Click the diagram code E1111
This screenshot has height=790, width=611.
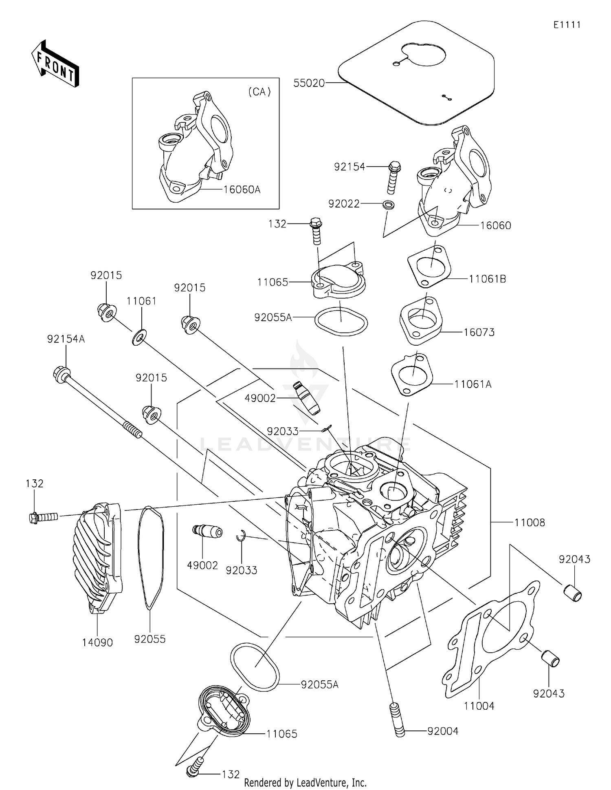point(567,25)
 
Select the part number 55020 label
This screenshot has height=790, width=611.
point(309,83)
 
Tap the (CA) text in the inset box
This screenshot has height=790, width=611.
point(259,92)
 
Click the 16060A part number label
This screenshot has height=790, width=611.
point(242,190)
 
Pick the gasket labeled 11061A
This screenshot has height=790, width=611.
point(411,374)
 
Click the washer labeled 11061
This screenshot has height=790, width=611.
point(139,338)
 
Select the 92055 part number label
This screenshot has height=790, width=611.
point(150,640)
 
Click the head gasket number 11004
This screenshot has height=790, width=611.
point(479,706)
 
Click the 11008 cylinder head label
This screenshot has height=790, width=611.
point(530,523)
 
